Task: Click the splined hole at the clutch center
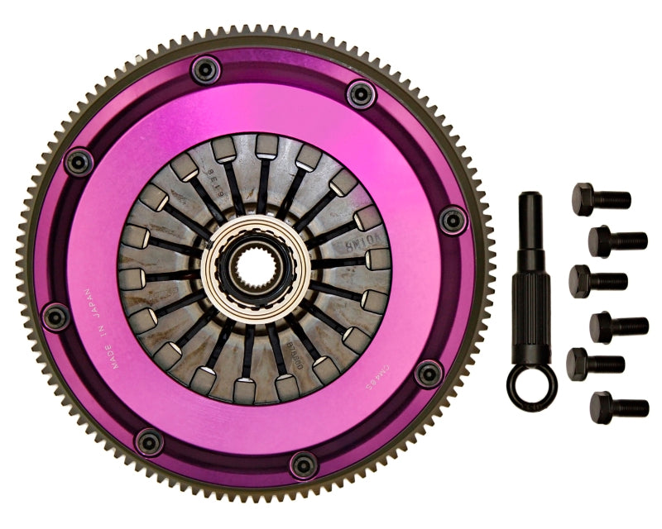256,271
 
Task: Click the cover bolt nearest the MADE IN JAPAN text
56,315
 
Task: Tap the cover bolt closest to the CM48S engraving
429,374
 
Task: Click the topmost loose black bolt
601,198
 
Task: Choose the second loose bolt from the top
617,241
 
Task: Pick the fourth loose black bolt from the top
618,326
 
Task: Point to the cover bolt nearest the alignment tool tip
453,219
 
